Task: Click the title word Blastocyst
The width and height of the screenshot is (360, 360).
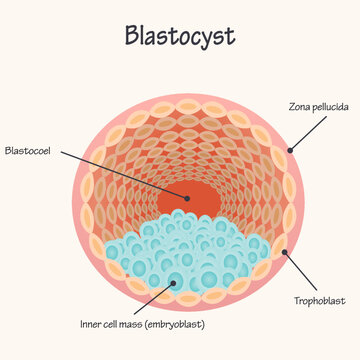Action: pyautogui.click(x=180, y=35)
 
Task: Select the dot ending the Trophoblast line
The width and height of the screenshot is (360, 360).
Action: pyautogui.click(x=285, y=251)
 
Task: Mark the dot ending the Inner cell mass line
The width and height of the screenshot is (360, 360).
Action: pyautogui.click(x=179, y=282)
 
